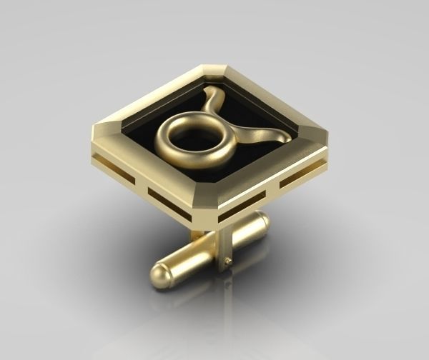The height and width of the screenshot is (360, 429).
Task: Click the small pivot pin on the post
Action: [227, 261]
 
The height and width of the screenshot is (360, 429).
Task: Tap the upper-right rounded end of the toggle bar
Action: [259, 223]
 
